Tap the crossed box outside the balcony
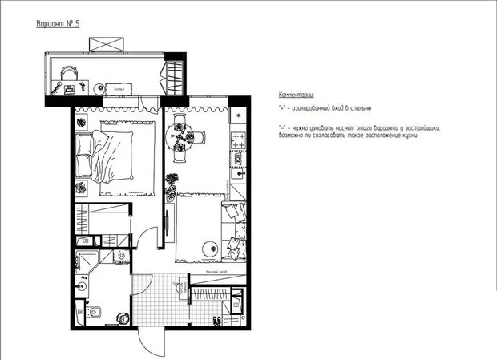pos(104,42)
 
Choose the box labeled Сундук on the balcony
pos(118,89)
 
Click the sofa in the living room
pos(234,233)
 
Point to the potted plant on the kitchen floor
pos(170,192)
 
